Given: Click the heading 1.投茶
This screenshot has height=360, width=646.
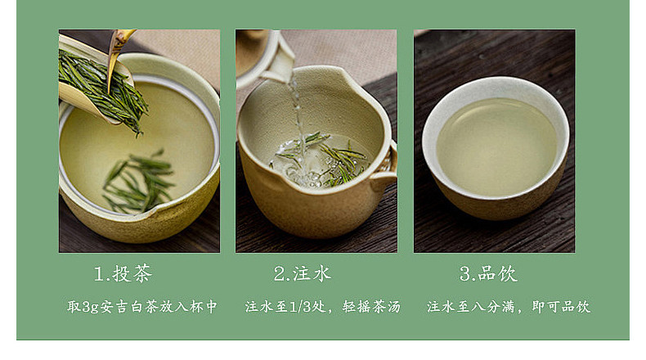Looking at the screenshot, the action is (x=123, y=273).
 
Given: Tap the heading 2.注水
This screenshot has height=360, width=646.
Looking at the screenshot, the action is (x=303, y=273).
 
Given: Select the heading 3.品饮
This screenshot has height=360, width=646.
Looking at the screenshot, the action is (x=488, y=273).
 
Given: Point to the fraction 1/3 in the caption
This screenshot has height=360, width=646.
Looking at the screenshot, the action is (x=301, y=306).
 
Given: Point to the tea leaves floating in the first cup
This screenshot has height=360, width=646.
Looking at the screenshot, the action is (x=139, y=181).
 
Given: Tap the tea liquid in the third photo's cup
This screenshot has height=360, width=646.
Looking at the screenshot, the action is (x=497, y=146).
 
